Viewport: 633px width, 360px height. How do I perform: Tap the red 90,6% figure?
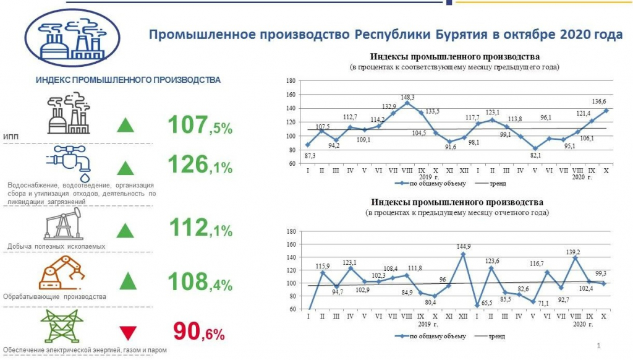[x=199, y=332]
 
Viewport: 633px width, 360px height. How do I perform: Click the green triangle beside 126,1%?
[x=126, y=168]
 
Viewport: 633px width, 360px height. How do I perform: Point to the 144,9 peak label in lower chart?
[x=463, y=246]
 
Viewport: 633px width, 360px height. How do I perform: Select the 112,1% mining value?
[x=200, y=229]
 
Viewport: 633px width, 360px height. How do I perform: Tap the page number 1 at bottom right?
[x=599, y=344]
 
